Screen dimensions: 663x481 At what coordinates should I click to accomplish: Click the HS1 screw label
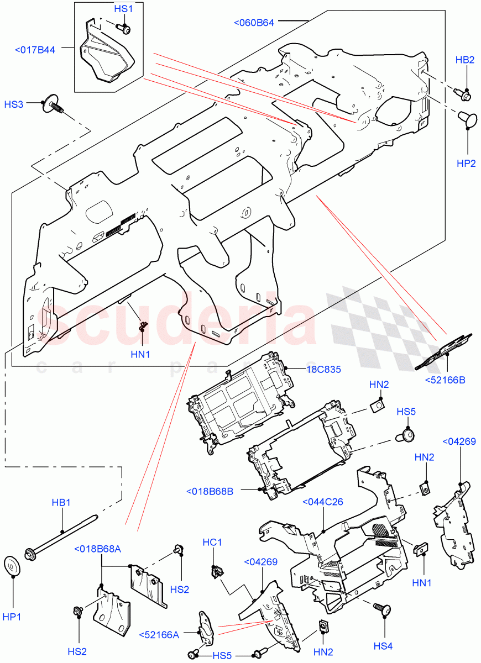[x=123, y=9]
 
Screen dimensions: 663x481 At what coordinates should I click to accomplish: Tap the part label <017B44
[x=35, y=50]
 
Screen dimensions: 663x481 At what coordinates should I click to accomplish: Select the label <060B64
[x=254, y=23]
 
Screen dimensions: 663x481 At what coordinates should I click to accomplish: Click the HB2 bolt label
[x=465, y=60]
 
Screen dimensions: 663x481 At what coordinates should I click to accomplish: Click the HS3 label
[x=14, y=104]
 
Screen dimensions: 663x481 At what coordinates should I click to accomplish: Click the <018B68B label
[x=210, y=491]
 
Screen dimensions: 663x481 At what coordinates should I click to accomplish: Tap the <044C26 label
[x=323, y=502]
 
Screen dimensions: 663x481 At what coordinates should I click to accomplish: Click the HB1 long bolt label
[x=61, y=503]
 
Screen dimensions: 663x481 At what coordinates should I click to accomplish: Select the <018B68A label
[x=97, y=549]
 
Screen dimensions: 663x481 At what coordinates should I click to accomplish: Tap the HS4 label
[x=383, y=646]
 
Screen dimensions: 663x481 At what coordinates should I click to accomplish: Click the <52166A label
[x=159, y=634]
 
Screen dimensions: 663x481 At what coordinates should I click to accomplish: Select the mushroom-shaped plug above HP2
[x=467, y=118]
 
